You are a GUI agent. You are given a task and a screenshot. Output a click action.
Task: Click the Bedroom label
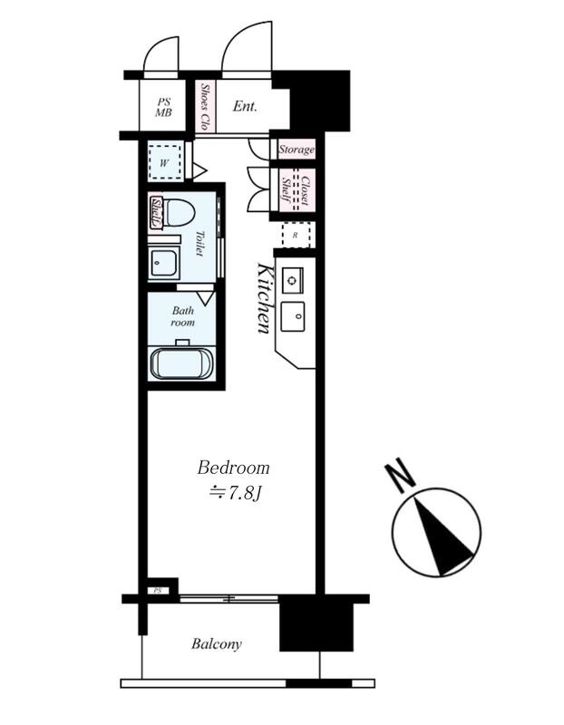coord(233,468)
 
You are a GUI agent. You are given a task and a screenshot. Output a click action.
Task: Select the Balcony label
coord(217,644)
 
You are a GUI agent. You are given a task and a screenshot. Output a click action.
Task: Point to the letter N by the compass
coord(399,475)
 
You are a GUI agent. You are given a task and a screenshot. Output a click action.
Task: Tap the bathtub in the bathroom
coord(182,363)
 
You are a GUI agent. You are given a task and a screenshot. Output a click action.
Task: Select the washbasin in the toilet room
coord(163,262)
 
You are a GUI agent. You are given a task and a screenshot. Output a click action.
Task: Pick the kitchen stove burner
coord(292,280)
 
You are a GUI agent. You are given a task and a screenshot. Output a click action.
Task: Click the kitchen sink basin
coord(294,316)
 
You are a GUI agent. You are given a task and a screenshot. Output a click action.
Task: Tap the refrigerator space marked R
coord(297,235)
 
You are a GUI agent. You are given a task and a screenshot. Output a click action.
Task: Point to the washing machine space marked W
coord(165,162)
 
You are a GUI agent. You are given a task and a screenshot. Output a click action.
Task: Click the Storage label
coord(297,150)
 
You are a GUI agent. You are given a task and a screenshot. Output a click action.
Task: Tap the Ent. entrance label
coord(245,106)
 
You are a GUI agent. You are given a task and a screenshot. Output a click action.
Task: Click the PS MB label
coord(163,107)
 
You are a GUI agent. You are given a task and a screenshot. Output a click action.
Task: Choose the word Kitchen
coord(264,298)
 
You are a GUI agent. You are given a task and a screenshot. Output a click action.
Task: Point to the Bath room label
coord(183,316)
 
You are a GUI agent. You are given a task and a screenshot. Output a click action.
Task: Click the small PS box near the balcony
coord(158,591)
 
